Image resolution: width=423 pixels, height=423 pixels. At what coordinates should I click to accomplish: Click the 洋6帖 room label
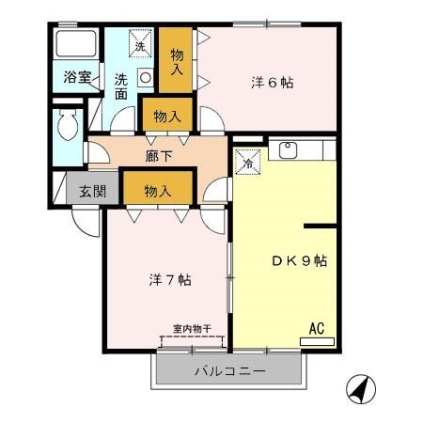click(x=274, y=83)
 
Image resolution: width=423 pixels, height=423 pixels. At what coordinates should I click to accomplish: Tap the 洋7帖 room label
click(x=171, y=279)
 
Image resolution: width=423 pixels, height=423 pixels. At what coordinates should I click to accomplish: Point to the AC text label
click(x=317, y=329)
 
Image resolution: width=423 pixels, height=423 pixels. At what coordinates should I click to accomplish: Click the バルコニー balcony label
click(x=229, y=371)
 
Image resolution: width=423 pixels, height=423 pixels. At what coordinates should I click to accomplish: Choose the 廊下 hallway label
click(x=157, y=152)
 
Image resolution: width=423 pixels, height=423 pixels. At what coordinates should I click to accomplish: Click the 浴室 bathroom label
click(x=77, y=77)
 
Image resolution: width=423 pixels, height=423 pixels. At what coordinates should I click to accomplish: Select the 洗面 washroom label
click(x=120, y=86)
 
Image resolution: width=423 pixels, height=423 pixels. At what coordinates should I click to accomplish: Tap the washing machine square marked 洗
click(x=139, y=46)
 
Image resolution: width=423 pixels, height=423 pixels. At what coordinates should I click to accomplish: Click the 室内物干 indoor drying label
click(x=190, y=329)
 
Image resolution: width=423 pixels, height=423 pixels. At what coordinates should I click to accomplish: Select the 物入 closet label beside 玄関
click(x=157, y=191)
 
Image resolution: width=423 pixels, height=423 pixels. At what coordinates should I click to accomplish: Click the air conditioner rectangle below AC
click(x=317, y=340)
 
